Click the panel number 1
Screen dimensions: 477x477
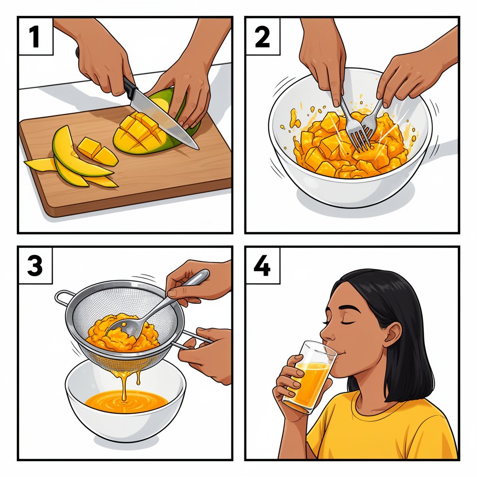click(35, 37)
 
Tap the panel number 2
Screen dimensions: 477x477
click(262, 37)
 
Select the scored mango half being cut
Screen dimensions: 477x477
click(140, 133)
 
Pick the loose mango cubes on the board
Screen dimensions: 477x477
click(95, 150)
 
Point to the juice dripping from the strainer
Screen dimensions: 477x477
click(124, 380)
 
